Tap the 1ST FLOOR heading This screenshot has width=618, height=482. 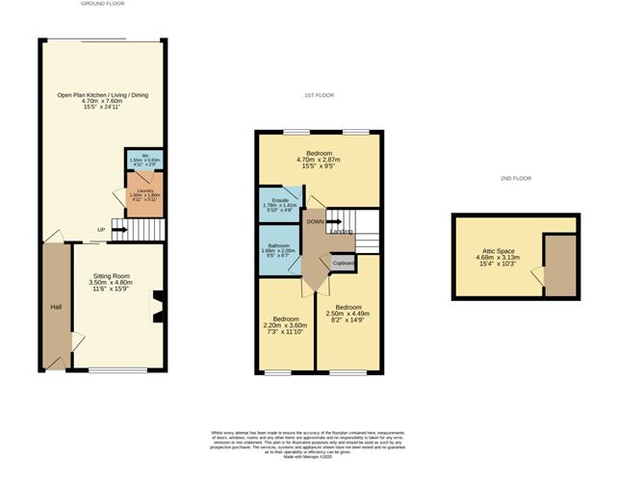[318, 96]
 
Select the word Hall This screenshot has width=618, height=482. [55, 307]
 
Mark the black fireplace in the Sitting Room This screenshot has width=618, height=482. [158, 309]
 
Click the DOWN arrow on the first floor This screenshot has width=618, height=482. [319, 221]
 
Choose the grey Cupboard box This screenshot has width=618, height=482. [343, 263]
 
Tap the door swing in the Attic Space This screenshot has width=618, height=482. [554, 277]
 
